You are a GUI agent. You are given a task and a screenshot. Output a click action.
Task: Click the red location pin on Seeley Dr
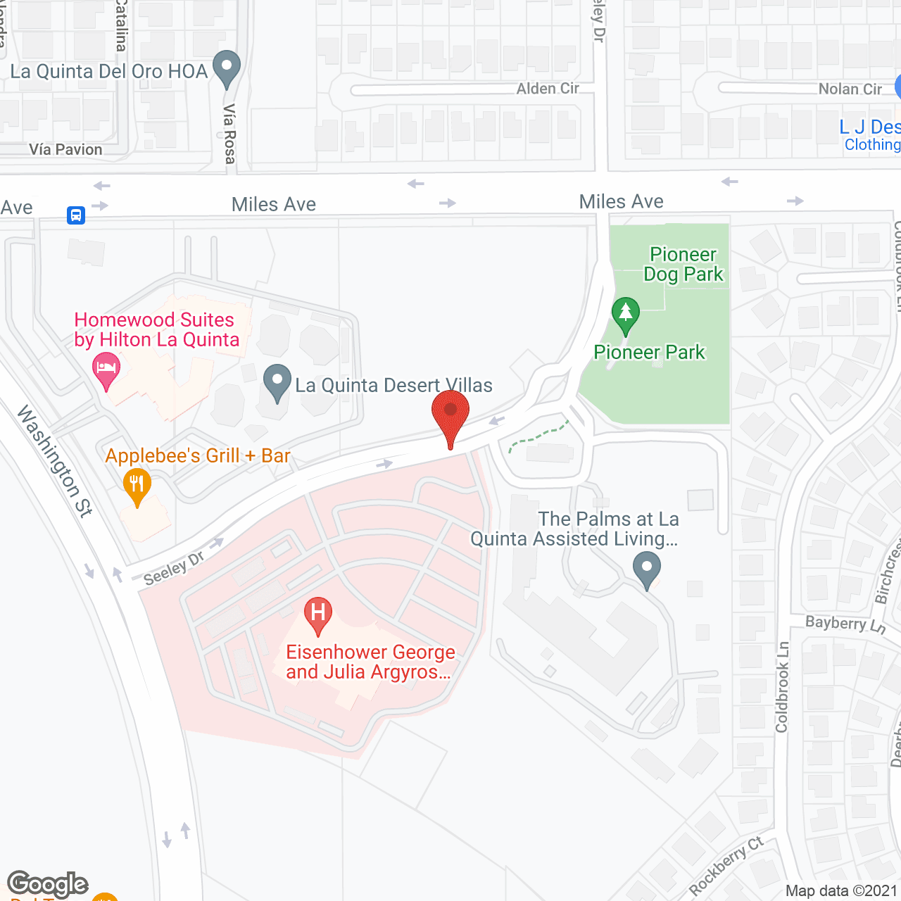450,416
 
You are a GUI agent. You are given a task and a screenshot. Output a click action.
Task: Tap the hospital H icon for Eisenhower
318,614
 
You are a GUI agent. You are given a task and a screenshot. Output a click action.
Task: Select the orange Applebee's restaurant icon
137,484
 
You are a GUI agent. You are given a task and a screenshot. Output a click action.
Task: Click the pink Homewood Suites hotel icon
106,370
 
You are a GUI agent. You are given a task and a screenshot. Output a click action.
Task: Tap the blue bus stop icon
76,215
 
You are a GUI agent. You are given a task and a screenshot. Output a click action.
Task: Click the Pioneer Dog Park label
683,264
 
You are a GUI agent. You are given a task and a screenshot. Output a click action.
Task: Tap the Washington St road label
55,461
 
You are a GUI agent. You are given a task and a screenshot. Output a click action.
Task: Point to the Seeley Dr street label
174,568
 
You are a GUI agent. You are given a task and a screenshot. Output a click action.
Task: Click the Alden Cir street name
548,89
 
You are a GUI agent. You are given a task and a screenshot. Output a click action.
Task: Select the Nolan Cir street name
850,89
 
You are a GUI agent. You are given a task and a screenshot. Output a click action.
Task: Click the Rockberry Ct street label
726,865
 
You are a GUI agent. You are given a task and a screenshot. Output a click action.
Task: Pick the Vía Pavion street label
66,149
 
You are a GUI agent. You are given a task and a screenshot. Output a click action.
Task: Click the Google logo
48,883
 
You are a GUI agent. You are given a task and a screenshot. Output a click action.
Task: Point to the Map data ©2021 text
841,890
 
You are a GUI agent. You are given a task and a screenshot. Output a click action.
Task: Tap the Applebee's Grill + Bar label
198,456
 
